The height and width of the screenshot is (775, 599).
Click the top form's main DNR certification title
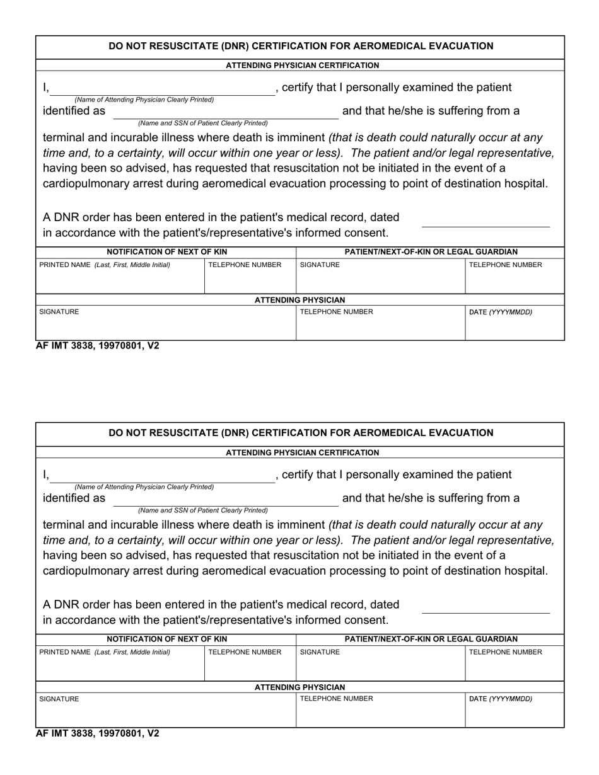click(x=301, y=46)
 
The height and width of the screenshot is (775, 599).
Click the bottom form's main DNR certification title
click(x=301, y=433)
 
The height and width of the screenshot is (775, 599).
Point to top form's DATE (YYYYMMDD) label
click(x=501, y=312)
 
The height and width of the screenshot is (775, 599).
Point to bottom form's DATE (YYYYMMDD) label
click(x=501, y=699)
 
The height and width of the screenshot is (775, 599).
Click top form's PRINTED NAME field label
click(x=105, y=265)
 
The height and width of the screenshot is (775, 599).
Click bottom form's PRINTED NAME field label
click(x=105, y=652)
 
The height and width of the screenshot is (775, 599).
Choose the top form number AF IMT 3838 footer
click(x=98, y=346)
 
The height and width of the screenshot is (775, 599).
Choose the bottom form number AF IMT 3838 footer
click(x=98, y=733)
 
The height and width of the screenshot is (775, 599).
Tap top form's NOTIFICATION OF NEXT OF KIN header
click(x=166, y=252)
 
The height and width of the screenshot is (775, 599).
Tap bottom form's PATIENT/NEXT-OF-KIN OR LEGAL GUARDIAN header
click(x=431, y=639)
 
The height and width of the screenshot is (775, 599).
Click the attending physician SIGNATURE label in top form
click(x=59, y=312)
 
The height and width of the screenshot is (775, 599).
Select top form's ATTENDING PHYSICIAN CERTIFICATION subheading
click(x=302, y=66)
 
